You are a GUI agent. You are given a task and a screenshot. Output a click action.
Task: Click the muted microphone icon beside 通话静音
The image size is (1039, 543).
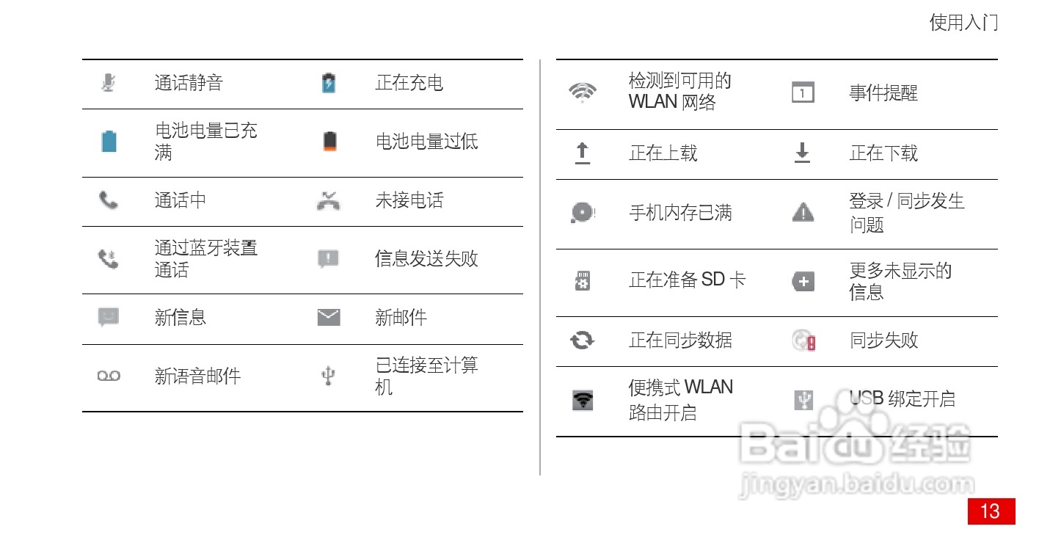point(109,83)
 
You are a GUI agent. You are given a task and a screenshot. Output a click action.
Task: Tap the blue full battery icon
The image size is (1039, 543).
point(109,141)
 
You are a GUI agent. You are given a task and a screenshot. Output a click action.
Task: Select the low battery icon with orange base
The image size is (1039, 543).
point(329,141)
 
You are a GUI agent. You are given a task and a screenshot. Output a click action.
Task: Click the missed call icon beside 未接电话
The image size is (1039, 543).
point(329,200)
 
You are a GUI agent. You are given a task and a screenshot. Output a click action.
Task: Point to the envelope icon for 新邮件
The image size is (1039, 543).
point(329,317)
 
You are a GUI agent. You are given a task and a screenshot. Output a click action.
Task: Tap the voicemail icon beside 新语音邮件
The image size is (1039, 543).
point(109,376)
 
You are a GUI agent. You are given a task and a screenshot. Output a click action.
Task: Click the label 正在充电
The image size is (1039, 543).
point(409,83)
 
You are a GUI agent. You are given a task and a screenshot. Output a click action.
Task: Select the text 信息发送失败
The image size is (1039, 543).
point(426,259)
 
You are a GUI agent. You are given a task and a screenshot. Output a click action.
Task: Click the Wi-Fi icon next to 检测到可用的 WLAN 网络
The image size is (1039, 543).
point(583,92)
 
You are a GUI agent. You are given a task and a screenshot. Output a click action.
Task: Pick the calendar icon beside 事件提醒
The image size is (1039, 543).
point(803,93)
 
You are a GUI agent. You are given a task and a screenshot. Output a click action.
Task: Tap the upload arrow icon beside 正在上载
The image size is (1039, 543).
point(583,153)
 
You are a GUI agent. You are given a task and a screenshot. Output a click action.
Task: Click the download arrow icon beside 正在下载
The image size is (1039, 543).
point(803,153)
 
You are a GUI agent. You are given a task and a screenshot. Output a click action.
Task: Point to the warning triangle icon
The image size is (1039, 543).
point(803,213)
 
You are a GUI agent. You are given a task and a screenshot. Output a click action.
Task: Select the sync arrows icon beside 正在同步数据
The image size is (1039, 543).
point(583,340)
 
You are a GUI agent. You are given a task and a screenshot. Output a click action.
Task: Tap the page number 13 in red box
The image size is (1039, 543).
point(991,511)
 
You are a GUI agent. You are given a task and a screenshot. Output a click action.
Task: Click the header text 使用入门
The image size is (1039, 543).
point(963,23)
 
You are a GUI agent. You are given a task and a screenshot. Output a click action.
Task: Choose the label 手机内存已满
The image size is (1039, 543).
point(680,213)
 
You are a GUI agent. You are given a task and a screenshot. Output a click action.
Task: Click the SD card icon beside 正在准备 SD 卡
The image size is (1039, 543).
point(583,280)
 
